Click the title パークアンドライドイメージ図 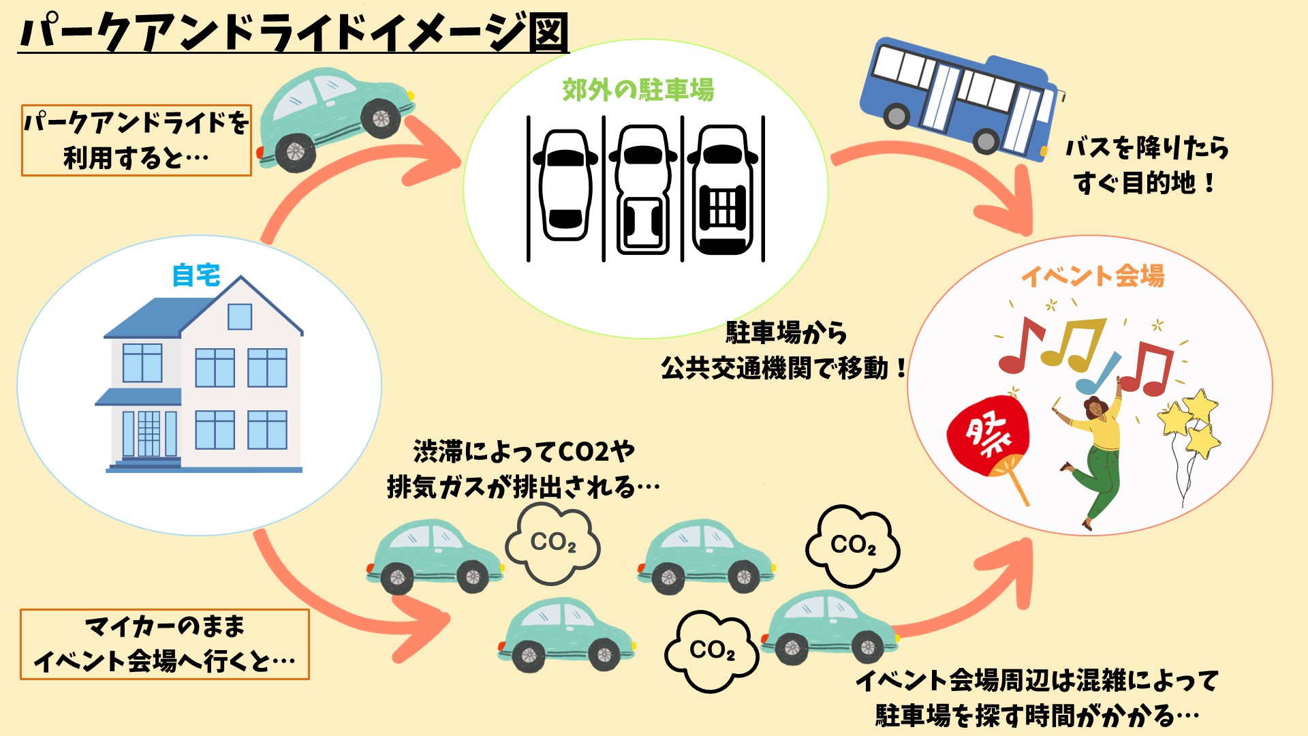pos(293,33)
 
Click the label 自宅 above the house pos(196,275)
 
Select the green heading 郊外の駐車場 pos(638,90)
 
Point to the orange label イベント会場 pos(1093,276)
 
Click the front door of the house pos(149,433)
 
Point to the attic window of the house pos(240,317)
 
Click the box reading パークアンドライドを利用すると pos(136,140)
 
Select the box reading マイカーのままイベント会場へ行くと pos(165,644)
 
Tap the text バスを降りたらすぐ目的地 pos(1147,165)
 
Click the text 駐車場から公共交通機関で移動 pos(783,351)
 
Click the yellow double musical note pos(1073,344)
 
